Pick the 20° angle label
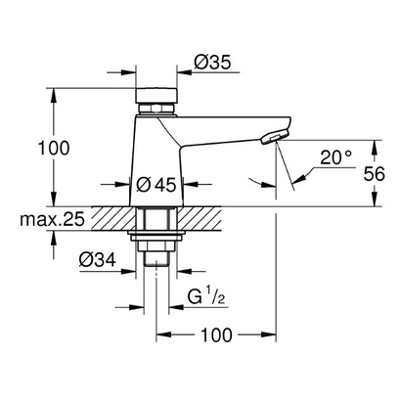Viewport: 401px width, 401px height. (x=334, y=156)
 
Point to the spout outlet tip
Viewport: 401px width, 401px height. (x=277, y=136)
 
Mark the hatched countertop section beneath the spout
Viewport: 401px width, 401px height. (x=245, y=218)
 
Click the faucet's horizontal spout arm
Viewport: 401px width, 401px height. (x=225, y=128)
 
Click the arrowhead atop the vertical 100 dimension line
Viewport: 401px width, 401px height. (x=51, y=94)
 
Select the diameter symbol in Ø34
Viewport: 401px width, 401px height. (x=85, y=260)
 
